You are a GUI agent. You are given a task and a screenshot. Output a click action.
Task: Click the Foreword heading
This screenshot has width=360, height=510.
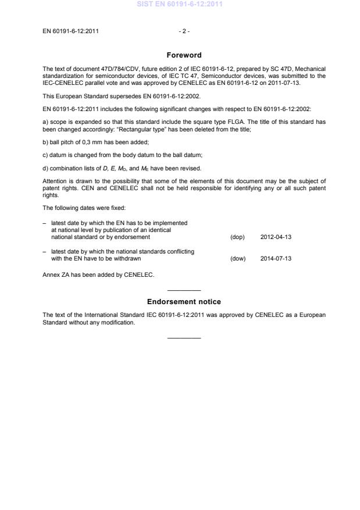click(184, 55)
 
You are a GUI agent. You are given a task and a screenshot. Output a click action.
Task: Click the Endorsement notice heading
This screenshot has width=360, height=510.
click(184, 302)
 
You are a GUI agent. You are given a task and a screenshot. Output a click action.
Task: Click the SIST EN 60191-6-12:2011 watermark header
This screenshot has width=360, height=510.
click(180, 5)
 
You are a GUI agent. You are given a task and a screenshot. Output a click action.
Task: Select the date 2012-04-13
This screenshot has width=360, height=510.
click(276, 237)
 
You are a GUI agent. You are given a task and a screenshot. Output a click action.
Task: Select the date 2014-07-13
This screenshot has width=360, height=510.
click(276, 258)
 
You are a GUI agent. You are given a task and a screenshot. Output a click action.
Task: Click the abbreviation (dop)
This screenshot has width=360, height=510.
click(238, 237)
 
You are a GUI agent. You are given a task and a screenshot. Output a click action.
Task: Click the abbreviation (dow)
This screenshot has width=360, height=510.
click(238, 258)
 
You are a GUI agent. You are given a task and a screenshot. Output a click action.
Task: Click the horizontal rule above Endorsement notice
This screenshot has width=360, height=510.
click(184, 290)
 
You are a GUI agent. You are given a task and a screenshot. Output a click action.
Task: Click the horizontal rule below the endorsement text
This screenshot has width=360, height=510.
click(184, 338)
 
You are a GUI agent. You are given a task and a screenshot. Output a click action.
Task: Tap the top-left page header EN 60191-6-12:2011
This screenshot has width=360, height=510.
click(70, 31)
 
